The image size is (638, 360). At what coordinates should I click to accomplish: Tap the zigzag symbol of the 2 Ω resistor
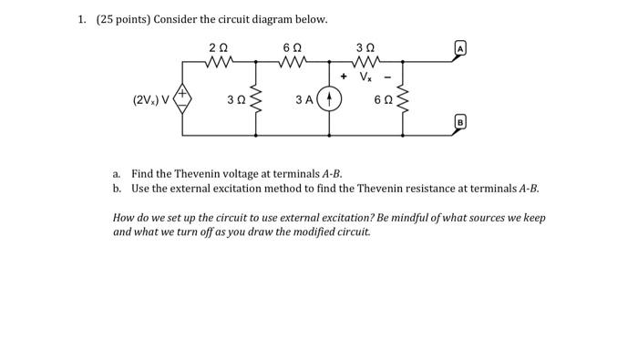coord(220,63)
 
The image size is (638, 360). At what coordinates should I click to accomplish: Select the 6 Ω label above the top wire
coord(292,47)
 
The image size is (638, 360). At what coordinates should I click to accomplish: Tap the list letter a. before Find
coord(117,173)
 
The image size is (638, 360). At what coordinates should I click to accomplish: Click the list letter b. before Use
coord(117,188)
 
